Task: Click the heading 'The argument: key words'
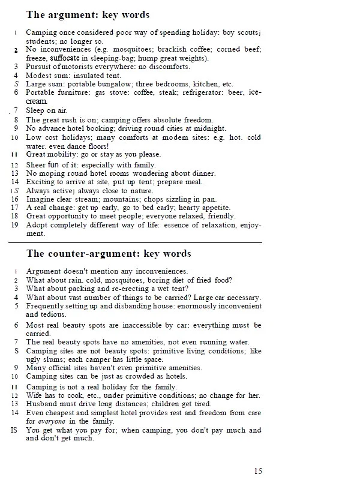88,14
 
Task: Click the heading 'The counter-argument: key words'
109,253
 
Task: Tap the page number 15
257,471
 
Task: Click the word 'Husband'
41,404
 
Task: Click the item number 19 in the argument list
16,225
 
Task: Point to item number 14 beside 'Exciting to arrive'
16,182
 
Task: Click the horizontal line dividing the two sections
135,242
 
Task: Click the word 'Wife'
35,395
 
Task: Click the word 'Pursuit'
40,67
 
